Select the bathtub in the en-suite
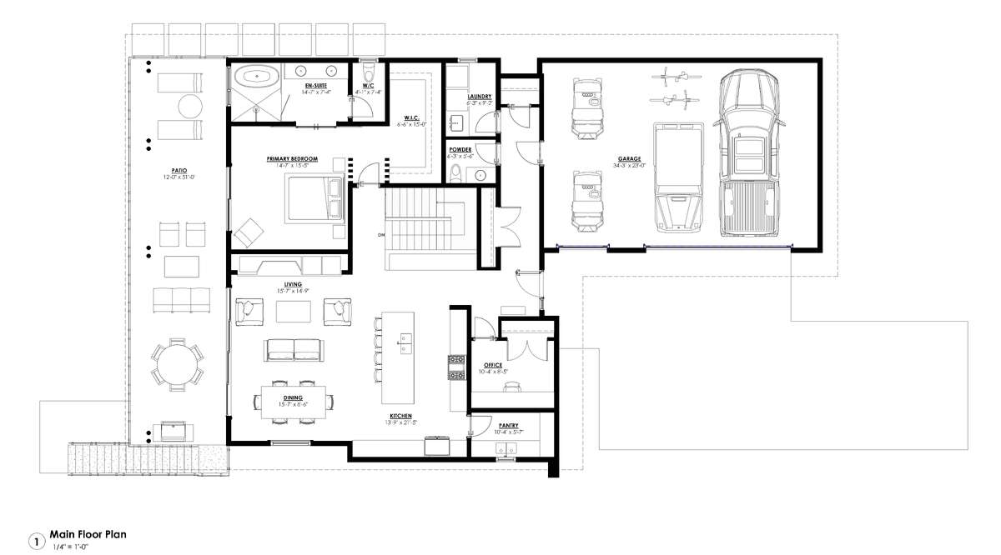click(x=257, y=78)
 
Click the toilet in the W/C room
click(x=368, y=71)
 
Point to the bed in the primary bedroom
click(x=315, y=198)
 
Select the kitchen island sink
click(x=405, y=339)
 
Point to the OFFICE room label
click(x=493, y=365)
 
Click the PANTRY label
click(x=508, y=425)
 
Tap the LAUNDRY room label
click(x=480, y=97)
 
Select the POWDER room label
click(x=460, y=149)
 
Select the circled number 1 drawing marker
click(x=36, y=541)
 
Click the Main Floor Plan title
click(x=88, y=533)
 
